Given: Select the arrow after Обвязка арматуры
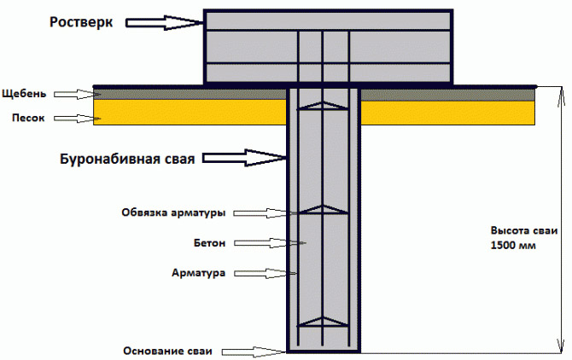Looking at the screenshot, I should (261, 212).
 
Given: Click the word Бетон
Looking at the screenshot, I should (208, 243).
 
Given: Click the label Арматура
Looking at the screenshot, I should (197, 274).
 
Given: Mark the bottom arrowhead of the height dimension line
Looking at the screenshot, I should (561, 345).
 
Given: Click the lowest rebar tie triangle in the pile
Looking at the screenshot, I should (322, 322).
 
